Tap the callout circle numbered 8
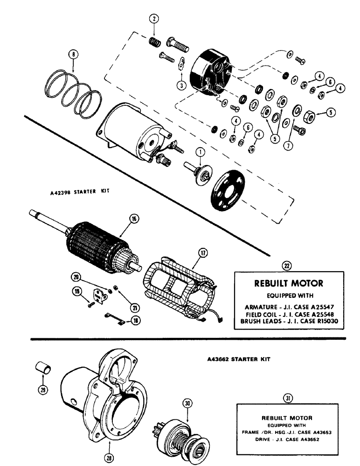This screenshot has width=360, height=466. [x=73, y=54]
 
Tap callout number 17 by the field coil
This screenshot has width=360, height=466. [x=203, y=253]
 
